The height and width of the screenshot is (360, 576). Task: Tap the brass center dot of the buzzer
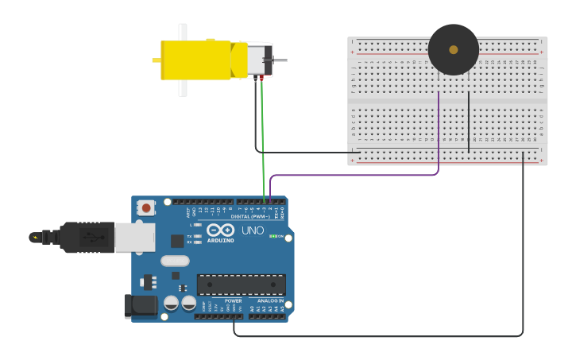tap(453, 49)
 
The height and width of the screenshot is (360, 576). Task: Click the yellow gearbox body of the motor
tap(199, 60)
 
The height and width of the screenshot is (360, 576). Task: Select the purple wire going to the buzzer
tap(358, 174)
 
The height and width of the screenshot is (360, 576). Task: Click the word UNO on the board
tap(253, 231)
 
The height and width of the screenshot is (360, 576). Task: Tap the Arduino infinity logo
tap(220, 230)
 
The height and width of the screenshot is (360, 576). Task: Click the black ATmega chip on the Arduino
tap(241, 285)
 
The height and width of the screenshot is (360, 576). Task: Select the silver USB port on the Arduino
tap(134, 237)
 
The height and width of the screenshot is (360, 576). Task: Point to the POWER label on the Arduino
tap(233, 301)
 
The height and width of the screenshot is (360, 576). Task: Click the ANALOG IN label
tap(270, 301)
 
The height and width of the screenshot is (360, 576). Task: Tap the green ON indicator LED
tap(272, 236)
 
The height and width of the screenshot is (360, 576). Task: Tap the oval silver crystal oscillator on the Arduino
tap(175, 261)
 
